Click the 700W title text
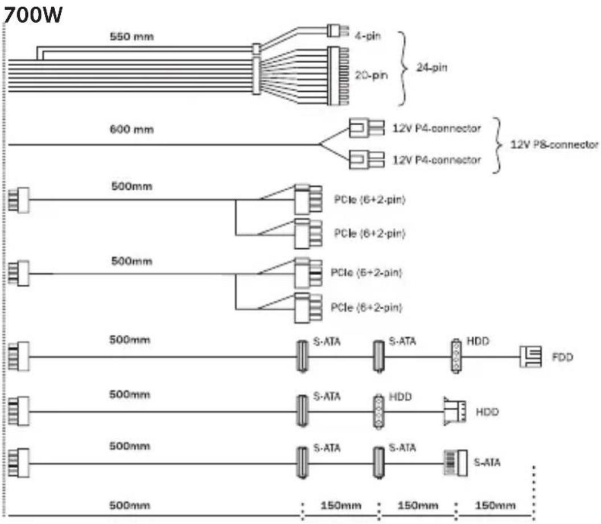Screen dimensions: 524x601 [x=32, y=17]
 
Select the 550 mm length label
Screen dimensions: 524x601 [x=131, y=38]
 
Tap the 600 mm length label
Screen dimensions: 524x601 [x=131, y=129]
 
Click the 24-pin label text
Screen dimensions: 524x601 [x=431, y=68]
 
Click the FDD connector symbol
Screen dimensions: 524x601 [x=530, y=358]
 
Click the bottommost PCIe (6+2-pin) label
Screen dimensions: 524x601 [x=367, y=308]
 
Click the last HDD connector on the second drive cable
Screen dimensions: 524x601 [x=455, y=411]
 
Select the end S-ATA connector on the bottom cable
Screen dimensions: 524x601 [x=455, y=462]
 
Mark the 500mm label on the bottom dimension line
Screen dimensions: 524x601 [x=129, y=505]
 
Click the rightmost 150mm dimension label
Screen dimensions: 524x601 [x=495, y=505]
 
